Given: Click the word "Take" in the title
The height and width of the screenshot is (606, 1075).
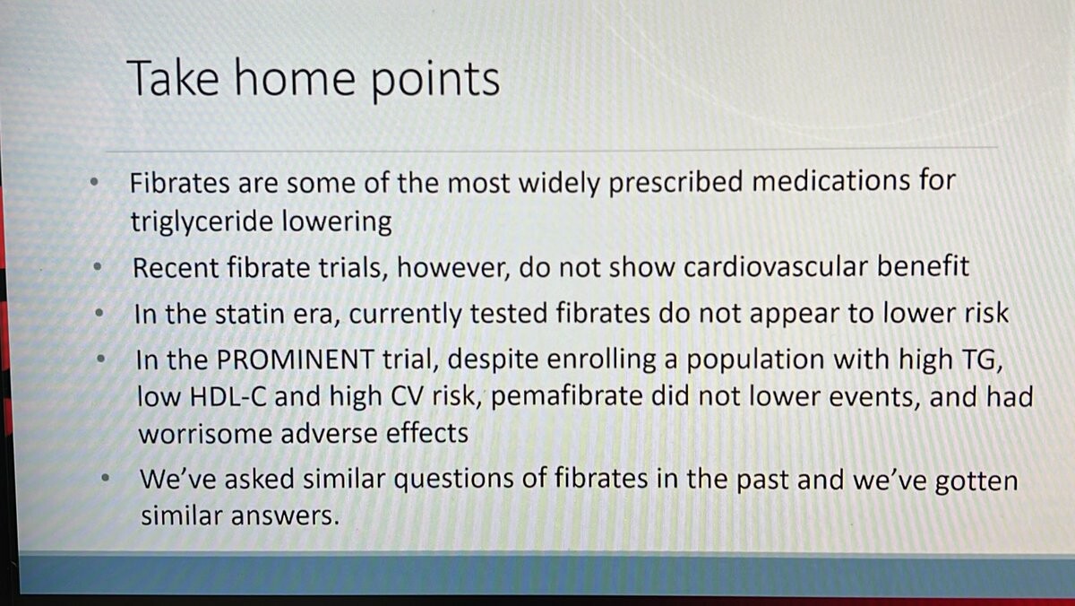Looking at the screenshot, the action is tap(173, 78).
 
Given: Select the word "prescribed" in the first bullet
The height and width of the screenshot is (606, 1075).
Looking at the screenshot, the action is tap(675, 183).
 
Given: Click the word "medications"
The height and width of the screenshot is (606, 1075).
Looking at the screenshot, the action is tap(830, 181).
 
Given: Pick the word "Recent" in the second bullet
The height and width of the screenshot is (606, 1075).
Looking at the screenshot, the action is tap(176, 267).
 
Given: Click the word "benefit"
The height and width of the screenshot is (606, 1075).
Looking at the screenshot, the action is tap(924, 265).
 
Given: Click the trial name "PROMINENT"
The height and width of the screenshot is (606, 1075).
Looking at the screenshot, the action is tap(295, 359).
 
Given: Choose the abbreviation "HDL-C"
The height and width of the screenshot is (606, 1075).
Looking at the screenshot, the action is tap(228, 397).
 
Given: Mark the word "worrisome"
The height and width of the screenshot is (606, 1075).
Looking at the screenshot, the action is tap(205, 434).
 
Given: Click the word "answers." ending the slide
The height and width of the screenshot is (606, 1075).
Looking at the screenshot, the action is tap(285, 516).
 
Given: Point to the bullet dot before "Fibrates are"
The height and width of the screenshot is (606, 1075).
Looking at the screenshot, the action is tap(94, 182).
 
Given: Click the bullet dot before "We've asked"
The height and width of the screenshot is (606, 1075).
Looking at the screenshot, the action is tap(106, 479).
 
